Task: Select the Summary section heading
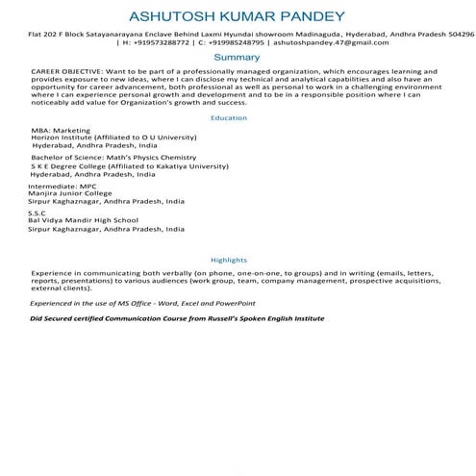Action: [238, 58]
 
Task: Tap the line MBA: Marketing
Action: [58, 131]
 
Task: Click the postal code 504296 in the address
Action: [457, 34]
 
